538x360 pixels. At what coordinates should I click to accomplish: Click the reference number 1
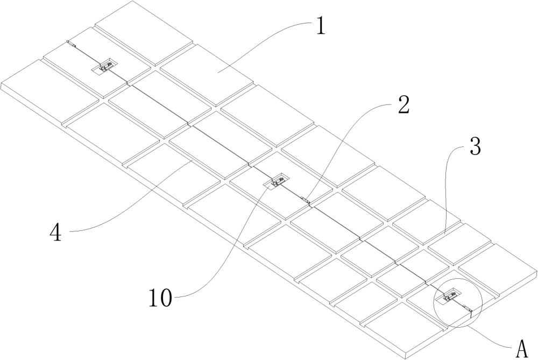pos(321,26)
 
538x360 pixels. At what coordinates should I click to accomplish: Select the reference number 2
pos(403,104)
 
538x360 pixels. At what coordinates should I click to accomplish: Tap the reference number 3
pos(475,146)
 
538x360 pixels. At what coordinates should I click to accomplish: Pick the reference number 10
pos(160,298)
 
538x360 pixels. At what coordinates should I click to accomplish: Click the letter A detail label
pos(522,349)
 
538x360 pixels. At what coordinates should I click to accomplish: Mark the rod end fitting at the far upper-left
pos(71,43)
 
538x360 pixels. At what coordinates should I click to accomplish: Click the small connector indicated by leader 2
pos(306,200)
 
